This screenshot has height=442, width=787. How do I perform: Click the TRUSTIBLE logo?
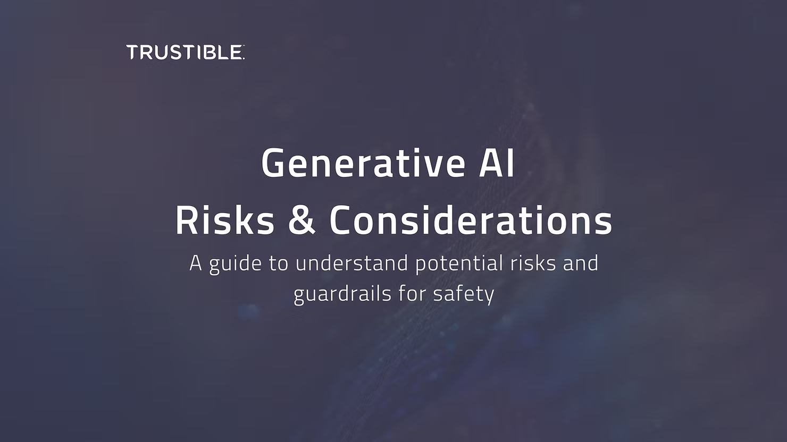coord(185,52)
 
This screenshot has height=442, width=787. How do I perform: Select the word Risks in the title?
coord(225,220)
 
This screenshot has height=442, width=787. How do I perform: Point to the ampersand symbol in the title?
coord(302,221)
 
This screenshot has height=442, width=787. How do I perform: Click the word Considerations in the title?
coord(471,220)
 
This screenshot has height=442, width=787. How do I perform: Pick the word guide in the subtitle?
coord(236,265)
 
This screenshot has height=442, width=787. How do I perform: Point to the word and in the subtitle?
coord(581,263)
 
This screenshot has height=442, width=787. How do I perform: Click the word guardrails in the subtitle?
coord(342,294)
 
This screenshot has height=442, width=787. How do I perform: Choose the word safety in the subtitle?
coord(463,294)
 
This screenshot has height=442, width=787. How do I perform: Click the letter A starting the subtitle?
coord(196,263)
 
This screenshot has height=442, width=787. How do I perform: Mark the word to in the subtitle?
coord(279,264)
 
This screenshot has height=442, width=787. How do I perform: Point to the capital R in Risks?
coord(186,221)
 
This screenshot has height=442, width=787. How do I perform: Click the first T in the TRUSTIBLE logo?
coord(133,52)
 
